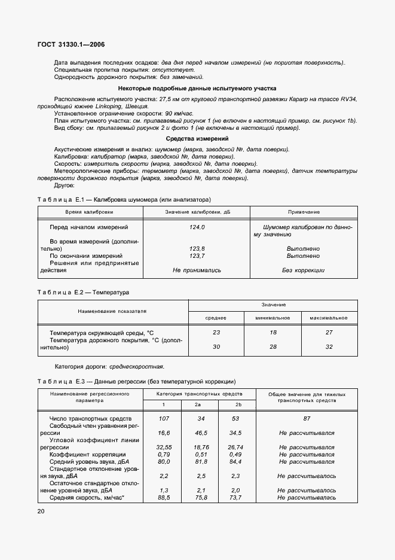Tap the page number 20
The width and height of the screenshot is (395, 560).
click(41, 511)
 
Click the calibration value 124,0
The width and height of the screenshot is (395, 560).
click(197, 227)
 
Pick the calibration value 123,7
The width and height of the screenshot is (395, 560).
click(197, 255)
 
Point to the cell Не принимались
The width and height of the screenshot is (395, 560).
click(197, 270)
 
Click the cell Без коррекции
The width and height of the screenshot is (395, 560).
click(303, 270)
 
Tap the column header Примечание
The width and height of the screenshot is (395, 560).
click(303, 212)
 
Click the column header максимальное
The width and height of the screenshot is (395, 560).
click(328, 318)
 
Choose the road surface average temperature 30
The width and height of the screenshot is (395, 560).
click(216, 346)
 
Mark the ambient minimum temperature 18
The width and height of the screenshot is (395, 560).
click(272, 332)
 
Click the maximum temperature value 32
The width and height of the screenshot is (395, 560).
click(328, 346)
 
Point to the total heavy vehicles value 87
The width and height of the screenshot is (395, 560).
click(306, 418)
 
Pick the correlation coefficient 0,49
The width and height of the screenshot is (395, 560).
click(235, 454)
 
